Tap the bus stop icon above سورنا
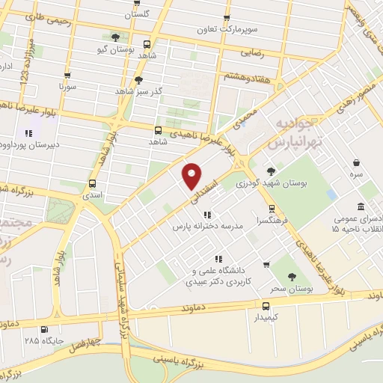(x=68, y=75)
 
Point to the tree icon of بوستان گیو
(x=115, y=36)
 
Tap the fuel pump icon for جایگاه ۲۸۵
(x=44, y=329)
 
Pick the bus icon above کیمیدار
(x=266, y=305)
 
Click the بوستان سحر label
(x=290, y=287)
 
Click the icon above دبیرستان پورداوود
(x=28, y=132)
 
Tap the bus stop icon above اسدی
(x=92, y=183)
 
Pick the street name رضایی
(x=251, y=53)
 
